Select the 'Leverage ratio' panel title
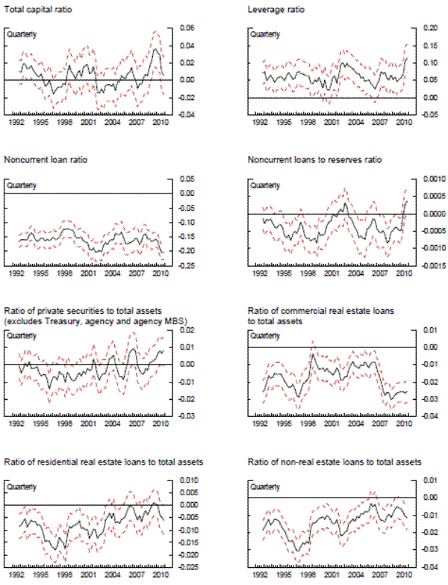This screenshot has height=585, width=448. [273, 9]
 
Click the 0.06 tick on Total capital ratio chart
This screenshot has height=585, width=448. [185, 28]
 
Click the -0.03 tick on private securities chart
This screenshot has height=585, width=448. [184, 416]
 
